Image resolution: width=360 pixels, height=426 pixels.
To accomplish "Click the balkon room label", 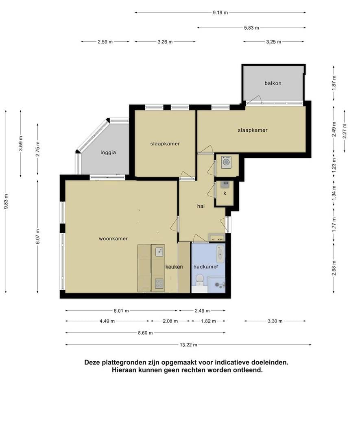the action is click(273, 83).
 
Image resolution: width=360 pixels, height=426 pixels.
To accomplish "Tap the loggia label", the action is click(108, 153).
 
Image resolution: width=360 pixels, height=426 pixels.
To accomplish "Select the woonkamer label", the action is click(113, 239).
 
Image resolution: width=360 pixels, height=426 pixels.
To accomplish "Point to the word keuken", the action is click(174, 267).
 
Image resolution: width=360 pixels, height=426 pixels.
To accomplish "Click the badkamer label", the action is click(205, 267).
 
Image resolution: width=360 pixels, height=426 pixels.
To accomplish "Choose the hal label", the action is click(201, 206).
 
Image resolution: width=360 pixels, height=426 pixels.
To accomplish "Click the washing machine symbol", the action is click(226, 162).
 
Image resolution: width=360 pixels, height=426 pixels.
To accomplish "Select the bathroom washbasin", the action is click(220, 254).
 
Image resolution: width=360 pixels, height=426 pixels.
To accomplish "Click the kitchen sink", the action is click(159, 252).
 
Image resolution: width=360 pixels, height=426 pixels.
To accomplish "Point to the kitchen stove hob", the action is click(159, 284).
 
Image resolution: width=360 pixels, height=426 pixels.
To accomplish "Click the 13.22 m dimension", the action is click(188, 345).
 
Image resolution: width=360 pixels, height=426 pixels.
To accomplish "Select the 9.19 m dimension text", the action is click(220, 13).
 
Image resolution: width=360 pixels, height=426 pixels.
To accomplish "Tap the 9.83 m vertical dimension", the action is click(6, 202).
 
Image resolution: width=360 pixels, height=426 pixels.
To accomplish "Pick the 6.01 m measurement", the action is click(121, 311).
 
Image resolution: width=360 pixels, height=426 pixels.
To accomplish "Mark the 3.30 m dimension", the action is click(275, 321).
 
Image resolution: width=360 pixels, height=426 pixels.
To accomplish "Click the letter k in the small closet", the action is click(225, 193).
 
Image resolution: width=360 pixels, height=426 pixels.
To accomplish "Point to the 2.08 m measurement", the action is click(170, 321).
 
